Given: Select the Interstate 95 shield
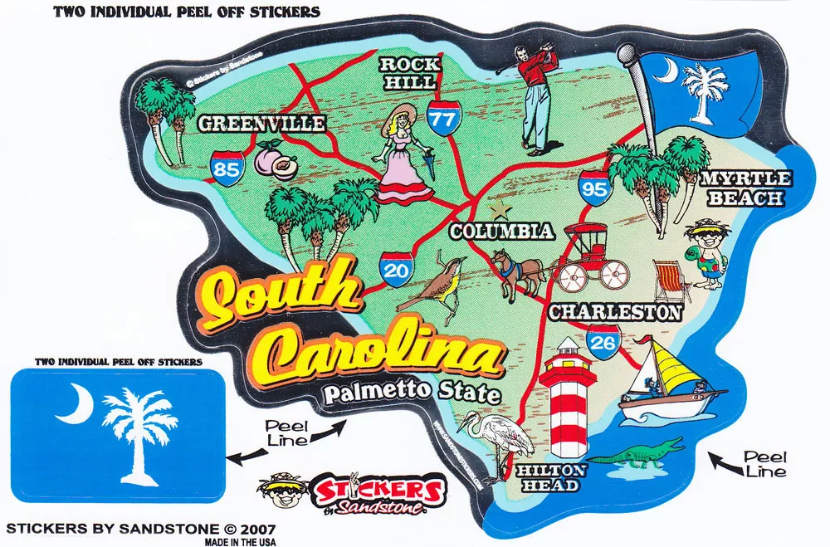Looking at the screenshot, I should point(595,186).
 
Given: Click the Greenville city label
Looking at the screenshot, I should point(261,125).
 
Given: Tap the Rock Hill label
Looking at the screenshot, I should point(407,73).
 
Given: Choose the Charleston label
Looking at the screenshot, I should point(615,312).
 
